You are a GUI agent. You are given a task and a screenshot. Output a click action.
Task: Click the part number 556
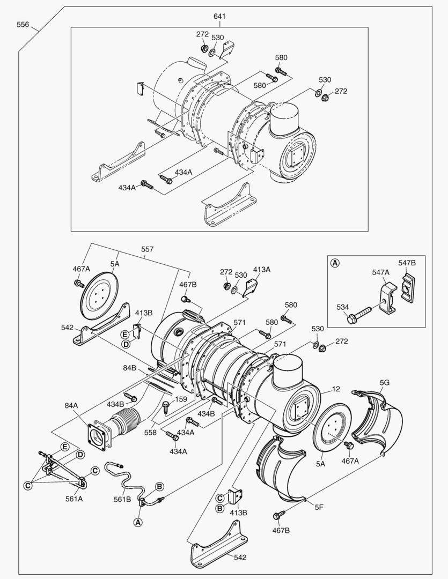[x=23, y=24]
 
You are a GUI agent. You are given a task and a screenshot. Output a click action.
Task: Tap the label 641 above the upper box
[x=219, y=16]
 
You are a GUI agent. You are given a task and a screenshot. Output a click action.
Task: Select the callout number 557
[x=148, y=249]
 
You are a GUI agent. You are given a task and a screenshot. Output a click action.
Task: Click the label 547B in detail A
[x=407, y=263]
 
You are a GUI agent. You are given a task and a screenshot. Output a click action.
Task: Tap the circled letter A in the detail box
[x=335, y=263]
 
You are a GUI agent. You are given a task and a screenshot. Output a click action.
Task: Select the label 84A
[x=71, y=405]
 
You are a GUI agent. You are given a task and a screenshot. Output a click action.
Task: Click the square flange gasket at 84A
[x=99, y=437]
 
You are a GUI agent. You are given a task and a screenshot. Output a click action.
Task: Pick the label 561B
[x=122, y=499]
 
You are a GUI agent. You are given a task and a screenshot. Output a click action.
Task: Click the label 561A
[x=74, y=499]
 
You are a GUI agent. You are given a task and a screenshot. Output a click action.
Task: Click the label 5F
[x=319, y=507]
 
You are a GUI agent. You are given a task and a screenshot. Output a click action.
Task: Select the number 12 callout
[x=336, y=389]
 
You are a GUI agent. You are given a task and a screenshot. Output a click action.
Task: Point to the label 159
[x=181, y=399]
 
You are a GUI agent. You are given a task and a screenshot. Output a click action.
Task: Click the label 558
[x=150, y=433]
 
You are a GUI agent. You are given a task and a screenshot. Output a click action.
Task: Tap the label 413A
[x=262, y=270]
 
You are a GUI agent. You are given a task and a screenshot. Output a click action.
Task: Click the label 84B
[x=130, y=368]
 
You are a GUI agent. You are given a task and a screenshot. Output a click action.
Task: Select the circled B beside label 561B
[x=159, y=486]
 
